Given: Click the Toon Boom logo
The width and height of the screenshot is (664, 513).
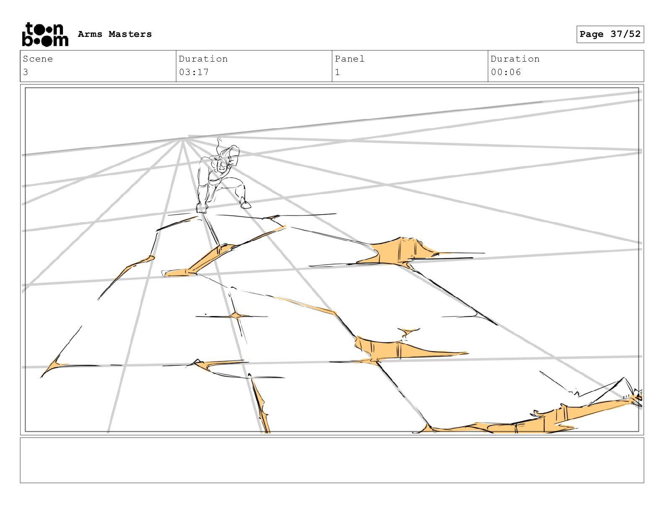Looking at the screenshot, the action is pyautogui.click(x=45, y=34).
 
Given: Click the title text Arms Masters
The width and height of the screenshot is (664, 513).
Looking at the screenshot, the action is pyautogui.click(x=115, y=34).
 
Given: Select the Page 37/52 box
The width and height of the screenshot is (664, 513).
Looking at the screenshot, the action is pyautogui.click(x=610, y=34).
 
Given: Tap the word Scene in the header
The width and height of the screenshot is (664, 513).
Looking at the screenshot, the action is pyautogui.click(x=38, y=59).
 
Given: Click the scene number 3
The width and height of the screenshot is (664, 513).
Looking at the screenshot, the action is pyautogui.click(x=26, y=72).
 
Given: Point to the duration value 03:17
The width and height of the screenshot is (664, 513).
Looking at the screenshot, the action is pyautogui.click(x=194, y=72).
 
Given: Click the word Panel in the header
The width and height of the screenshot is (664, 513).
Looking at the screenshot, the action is pyautogui.click(x=350, y=59).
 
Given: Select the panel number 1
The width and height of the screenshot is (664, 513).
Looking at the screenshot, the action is pyautogui.click(x=337, y=72).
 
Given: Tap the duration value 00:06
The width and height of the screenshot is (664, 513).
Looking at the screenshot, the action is pyautogui.click(x=506, y=72).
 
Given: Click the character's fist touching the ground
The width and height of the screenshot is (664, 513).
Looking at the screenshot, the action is pyautogui.click(x=202, y=208).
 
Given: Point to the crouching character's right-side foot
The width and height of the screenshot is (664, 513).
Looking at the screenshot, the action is pyautogui.click(x=246, y=204).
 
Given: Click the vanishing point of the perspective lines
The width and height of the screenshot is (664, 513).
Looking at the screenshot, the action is pyautogui.click(x=183, y=138).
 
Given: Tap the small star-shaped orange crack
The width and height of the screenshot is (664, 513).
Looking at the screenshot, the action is pyautogui.click(x=236, y=316).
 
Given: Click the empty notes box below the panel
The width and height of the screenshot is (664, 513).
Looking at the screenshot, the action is pyautogui.click(x=332, y=460).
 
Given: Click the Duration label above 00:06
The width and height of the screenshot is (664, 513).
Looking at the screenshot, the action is pyautogui.click(x=515, y=59).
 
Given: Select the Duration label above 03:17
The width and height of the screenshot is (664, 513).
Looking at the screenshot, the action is pyautogui.click(x=203, y=59).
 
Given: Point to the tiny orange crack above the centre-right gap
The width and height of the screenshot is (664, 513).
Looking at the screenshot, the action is pyautogui.click(x=406, y=332).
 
